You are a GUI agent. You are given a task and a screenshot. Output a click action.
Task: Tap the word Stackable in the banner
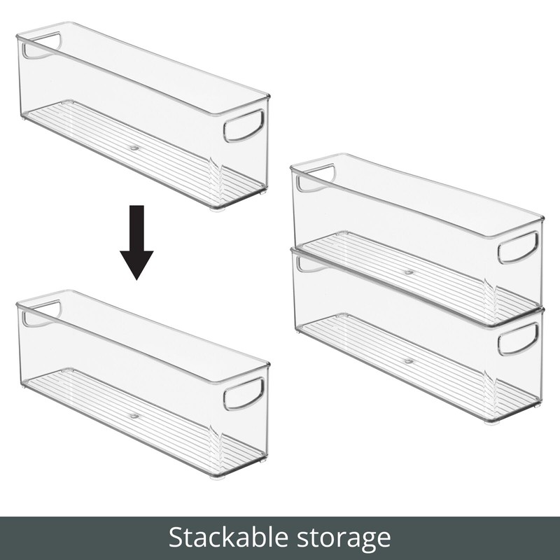223,538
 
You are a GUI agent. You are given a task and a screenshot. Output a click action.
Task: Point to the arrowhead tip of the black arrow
136,278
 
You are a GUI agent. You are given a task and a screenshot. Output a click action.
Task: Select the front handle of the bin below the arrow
244,394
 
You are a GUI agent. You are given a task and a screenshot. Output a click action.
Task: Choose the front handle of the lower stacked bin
518,339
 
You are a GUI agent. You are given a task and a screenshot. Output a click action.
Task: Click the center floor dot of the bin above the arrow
134,148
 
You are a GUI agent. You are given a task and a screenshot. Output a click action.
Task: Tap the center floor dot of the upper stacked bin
409,271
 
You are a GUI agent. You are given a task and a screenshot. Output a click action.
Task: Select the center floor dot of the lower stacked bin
409,361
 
